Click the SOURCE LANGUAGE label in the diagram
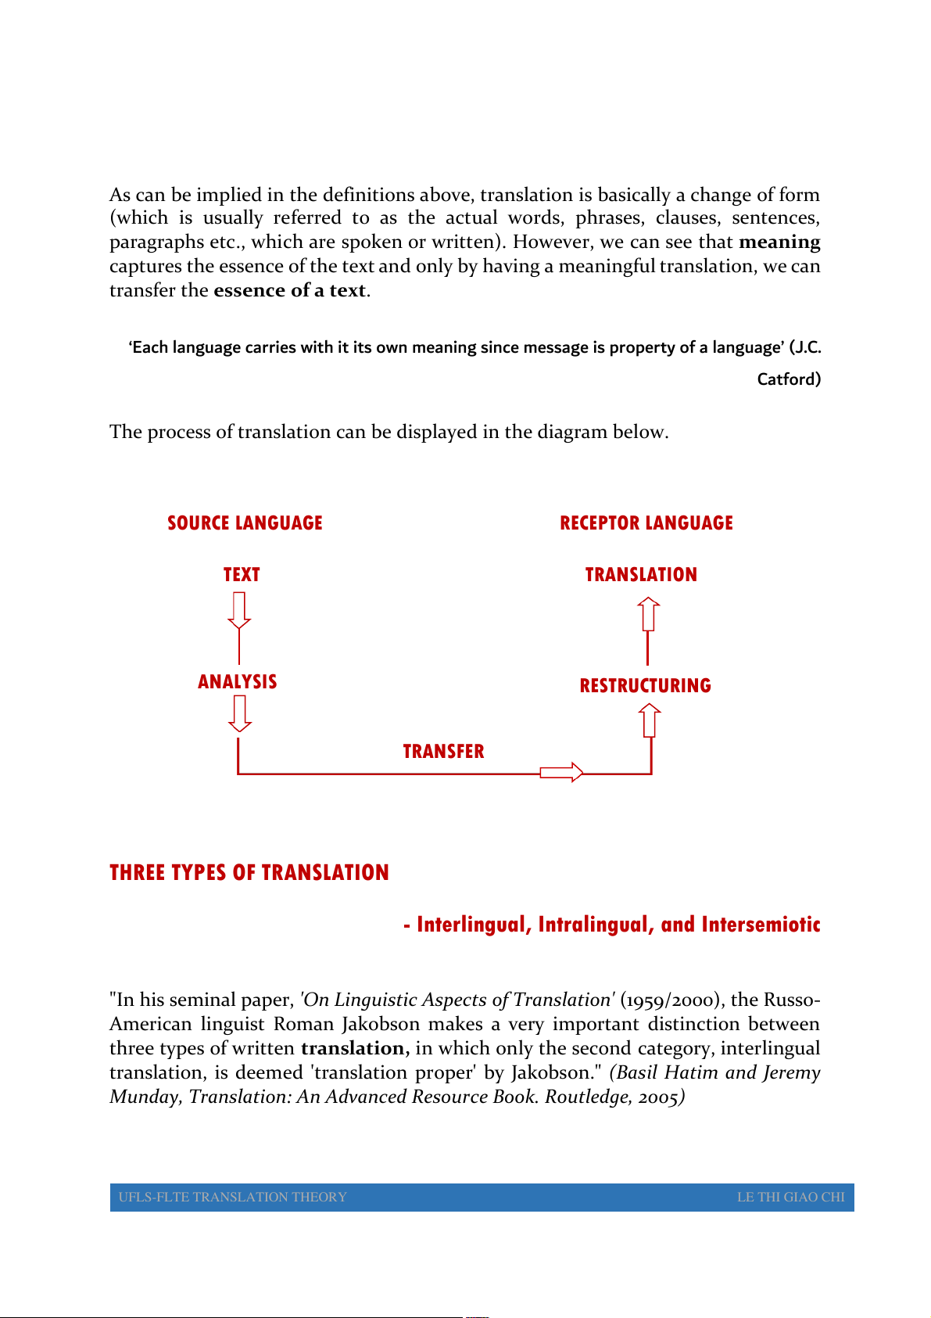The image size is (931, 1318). click(x=245, y=523)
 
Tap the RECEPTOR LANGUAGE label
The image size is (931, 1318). click(x=646, y=523)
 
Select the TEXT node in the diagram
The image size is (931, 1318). click(x=242, y=575)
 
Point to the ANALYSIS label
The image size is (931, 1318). click(x=238, y=682)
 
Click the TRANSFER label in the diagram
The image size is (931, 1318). click(x=443, y=752)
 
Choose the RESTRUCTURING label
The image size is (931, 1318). click(x=646, y=686)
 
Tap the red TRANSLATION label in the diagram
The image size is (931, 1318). click(x=641, y=575)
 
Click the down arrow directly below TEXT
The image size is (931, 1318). click(x=239, y=610)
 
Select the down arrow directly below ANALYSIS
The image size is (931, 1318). click(x=239, y=713)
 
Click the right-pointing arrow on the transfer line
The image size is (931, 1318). click(x=561, y=773)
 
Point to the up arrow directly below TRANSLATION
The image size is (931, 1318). click(x=648, y=614)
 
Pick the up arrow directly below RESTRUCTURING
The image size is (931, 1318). click(x=650, y=720)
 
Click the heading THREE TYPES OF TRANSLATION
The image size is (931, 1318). click(x=249, y=873)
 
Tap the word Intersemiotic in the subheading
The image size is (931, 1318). click(x=761, y=925)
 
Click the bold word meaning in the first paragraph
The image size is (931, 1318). click(x=779, y=242)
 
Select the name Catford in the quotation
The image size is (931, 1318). click(x=789, y=379)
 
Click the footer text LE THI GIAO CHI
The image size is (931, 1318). click(x=790, y=1197)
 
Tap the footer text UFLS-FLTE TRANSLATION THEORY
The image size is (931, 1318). click(x=233, y=1197)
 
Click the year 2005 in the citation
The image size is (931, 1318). click(x=658, y=1097)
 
